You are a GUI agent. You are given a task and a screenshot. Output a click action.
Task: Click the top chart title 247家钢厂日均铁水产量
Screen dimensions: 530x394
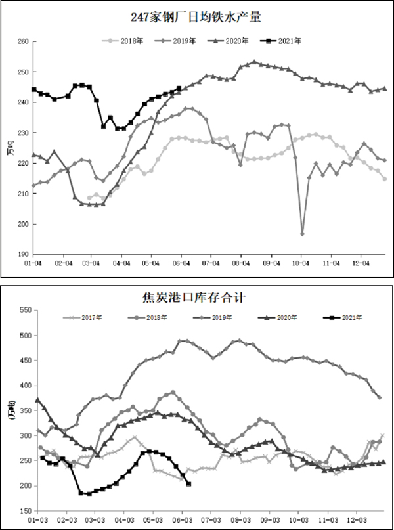pos(196,18)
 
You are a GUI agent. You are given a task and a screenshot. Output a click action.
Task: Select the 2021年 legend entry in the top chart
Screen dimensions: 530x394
pos(284,41)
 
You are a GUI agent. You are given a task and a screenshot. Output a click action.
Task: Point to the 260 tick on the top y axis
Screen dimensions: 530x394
pos(23,41)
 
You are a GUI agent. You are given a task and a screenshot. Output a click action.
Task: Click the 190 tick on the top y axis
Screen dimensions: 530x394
pos(23,254)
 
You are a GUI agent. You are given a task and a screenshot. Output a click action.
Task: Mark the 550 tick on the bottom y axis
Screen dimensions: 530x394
pos(23,309)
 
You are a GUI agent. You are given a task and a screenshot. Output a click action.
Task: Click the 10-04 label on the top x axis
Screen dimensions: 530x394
pos(301,263)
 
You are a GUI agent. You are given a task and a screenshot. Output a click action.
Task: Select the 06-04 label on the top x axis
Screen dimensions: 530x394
pos(181,263)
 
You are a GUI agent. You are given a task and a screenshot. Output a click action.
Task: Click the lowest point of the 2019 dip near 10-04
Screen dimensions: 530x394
pos(302,234)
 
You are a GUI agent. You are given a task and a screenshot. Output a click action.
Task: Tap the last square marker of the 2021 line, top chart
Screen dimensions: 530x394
pos(179,89)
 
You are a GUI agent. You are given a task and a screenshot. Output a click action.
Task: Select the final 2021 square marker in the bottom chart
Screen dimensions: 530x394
pos(189,484)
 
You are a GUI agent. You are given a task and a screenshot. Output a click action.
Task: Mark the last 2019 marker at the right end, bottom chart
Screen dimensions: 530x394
pos(380,397)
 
